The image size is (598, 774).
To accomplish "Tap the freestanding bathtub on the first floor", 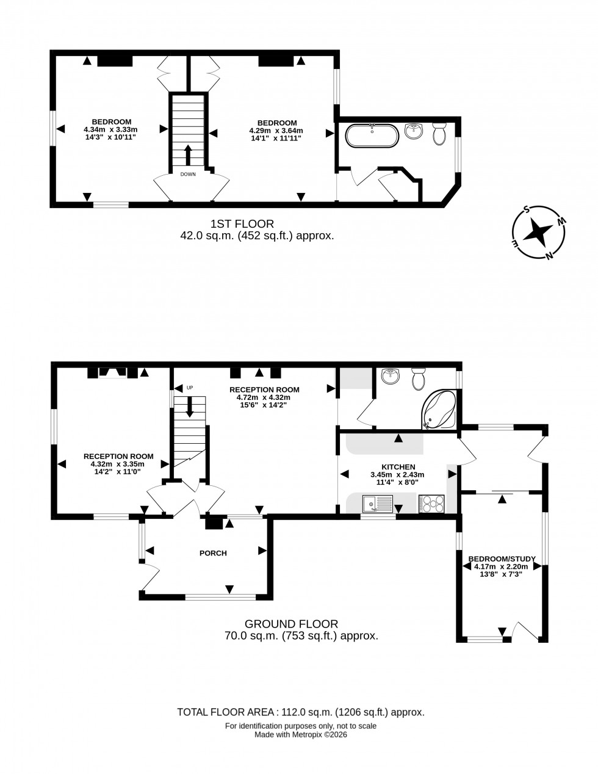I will (372, 136).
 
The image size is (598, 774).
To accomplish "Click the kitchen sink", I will (376, 504).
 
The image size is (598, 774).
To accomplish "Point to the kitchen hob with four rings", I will (432, 504).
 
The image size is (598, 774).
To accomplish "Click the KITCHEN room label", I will (398, 466).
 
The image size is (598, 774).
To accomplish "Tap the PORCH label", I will (213, 553).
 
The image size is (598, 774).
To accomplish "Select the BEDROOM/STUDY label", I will (502, 559).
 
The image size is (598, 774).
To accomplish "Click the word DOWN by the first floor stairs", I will (188, 175).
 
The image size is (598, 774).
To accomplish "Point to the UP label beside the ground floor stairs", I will (190, 388).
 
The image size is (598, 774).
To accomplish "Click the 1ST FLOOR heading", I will (242, 224).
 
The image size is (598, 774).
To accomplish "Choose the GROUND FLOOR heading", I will (291, 624).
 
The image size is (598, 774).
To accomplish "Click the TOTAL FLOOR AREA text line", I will (300, 712).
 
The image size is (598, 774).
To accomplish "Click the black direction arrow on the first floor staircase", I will (188, 155).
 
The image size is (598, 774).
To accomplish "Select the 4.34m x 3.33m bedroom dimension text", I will (110, 129).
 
